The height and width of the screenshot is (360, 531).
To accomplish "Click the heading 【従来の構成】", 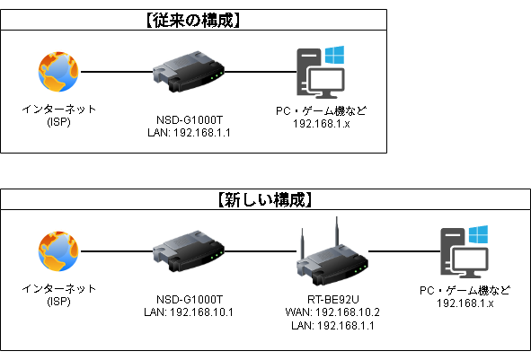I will [193, 19].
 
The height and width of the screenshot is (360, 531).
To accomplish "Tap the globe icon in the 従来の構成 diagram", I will [58, 71].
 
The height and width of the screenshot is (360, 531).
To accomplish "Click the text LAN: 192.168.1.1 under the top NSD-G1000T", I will [189, 132].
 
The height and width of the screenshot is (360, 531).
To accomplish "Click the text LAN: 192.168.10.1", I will [189, 312].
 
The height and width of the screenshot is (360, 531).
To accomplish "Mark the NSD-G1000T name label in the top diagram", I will [189, 119].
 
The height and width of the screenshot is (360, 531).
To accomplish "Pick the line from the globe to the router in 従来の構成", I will [117, 72].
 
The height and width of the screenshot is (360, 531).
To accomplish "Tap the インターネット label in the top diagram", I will [58, 109].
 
